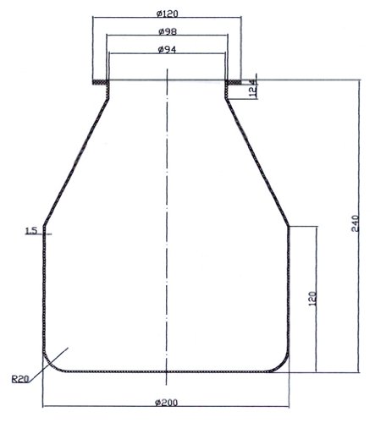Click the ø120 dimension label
(x=167, y=14)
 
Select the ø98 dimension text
(x=167, y=32)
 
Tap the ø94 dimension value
(x=167, y=50)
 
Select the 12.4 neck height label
(x=252, y=89)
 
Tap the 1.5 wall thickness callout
(x=31, y=231)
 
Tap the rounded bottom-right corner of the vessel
(x=281, y=363)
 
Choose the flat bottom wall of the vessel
(x=167, y=372)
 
